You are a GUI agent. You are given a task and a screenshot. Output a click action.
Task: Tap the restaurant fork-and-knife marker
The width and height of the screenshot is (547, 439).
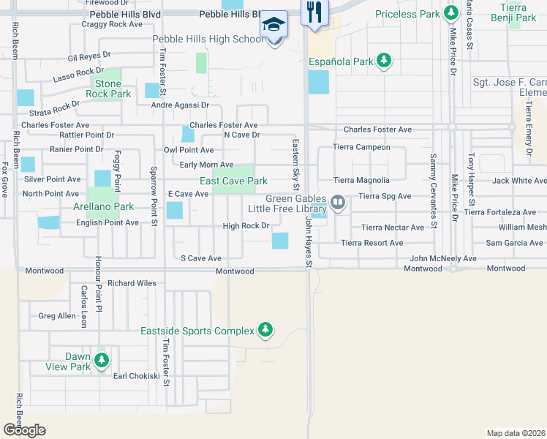(315, 12)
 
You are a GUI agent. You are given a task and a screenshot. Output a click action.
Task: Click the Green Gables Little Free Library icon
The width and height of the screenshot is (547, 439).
(337, 201)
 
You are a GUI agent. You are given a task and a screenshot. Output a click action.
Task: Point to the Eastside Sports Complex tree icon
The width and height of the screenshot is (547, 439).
(266, 331)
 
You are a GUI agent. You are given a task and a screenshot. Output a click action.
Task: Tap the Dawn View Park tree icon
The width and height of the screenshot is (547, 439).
(102, 360)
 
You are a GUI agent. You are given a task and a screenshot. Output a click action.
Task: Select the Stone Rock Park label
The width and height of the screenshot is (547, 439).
(108, 89)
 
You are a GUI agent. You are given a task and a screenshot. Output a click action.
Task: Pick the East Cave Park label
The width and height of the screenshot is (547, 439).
(234, 181)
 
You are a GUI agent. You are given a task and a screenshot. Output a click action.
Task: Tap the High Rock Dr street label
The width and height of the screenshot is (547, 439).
(246, 226)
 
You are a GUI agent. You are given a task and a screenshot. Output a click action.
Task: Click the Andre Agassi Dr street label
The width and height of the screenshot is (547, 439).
(180, 105)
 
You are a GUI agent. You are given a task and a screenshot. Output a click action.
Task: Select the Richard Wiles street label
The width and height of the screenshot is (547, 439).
(132, 282)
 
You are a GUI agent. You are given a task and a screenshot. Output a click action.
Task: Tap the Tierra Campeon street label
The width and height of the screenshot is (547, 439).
(361, 147)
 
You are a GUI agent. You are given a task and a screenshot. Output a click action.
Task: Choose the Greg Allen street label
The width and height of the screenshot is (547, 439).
(57, 316)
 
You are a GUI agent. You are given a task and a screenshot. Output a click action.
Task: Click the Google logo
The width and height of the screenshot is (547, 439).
(24, 430)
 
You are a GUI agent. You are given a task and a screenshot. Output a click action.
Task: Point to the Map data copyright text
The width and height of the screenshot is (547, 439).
(516, 433)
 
